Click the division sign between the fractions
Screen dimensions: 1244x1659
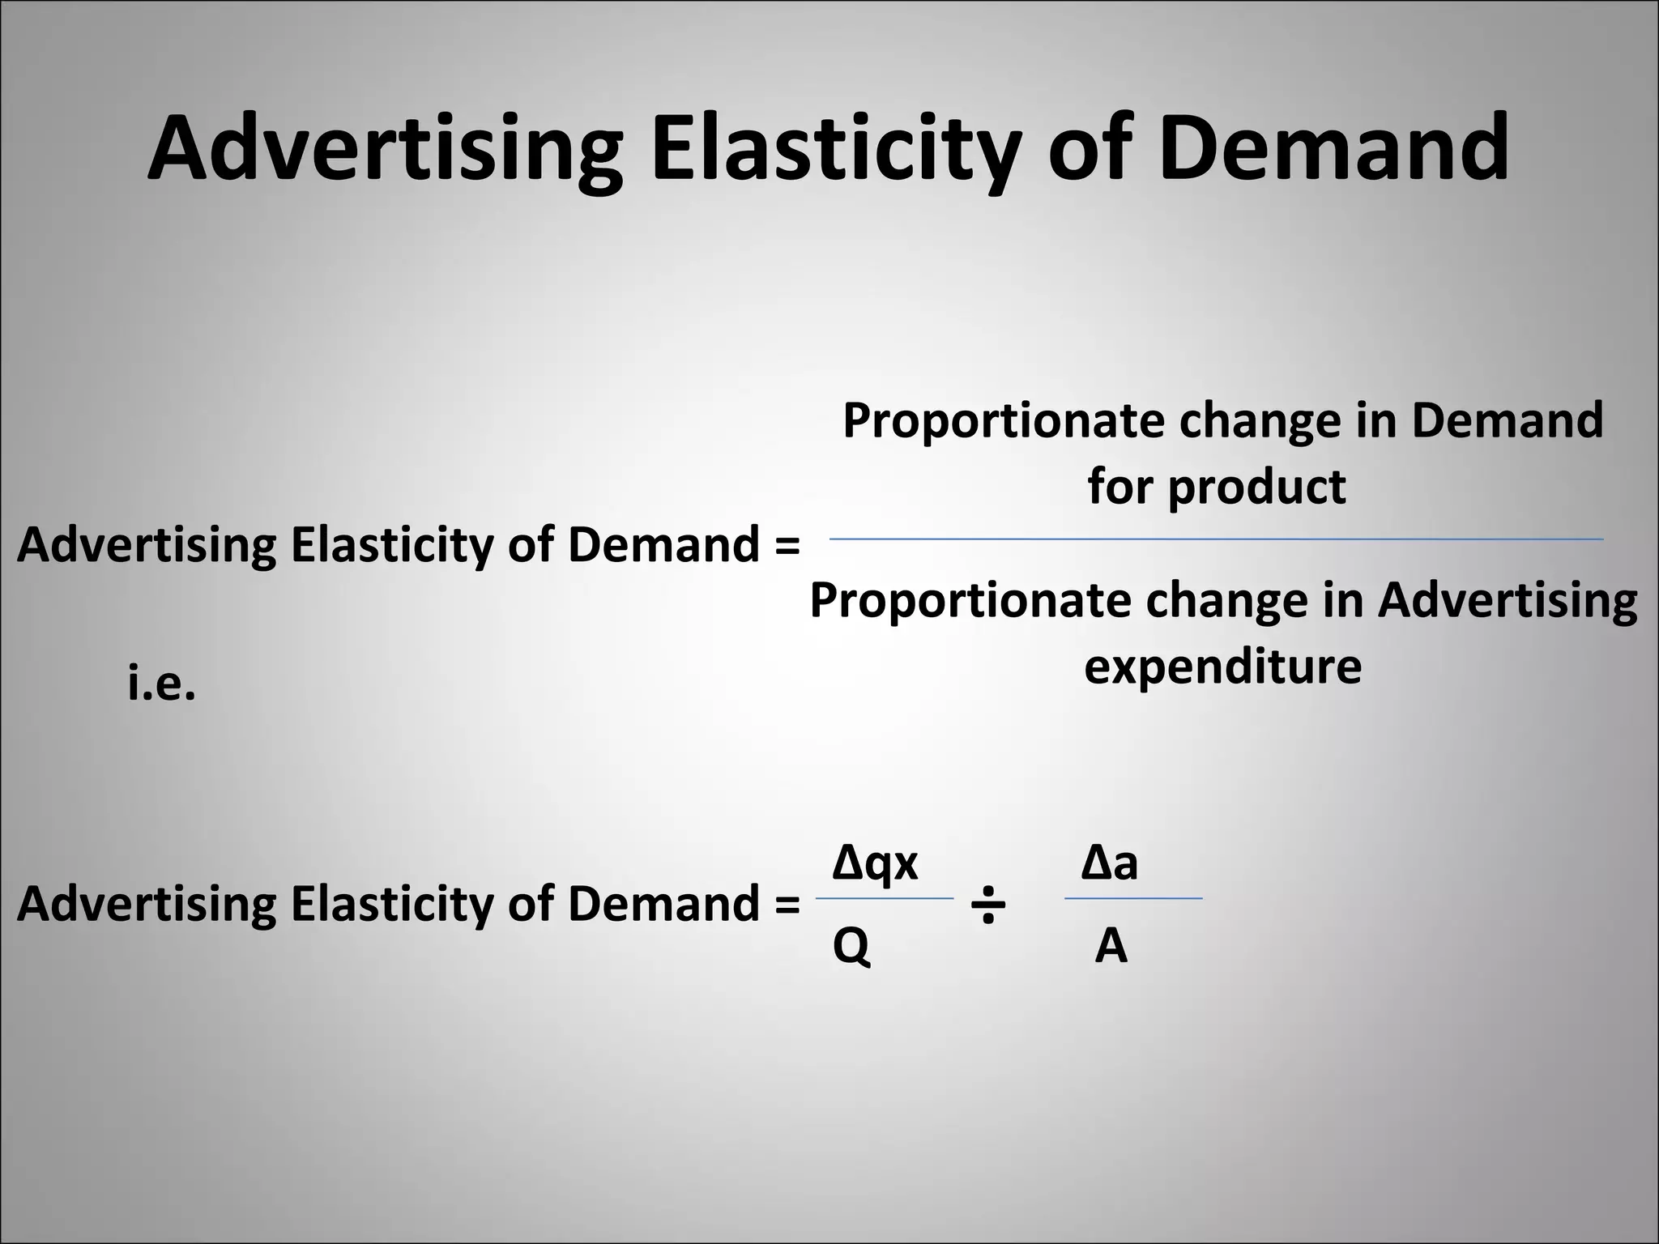click(x=987, y=904)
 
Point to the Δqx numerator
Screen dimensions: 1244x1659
click(x=875, y=863)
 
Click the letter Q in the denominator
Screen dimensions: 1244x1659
click(x=851, y=945)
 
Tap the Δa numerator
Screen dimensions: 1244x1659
click(x=1110, y=863)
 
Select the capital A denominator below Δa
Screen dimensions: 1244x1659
click(x=1111, y=945)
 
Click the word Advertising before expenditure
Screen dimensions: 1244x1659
click(x=1508, y=600)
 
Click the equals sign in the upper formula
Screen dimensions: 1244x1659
click(x=787, y=545)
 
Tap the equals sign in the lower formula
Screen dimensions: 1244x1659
click(x=787, y=904)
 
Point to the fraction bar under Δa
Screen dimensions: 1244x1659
click(x=1133, y=898)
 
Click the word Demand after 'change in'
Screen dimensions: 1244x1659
click(x=1507, y=420)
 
